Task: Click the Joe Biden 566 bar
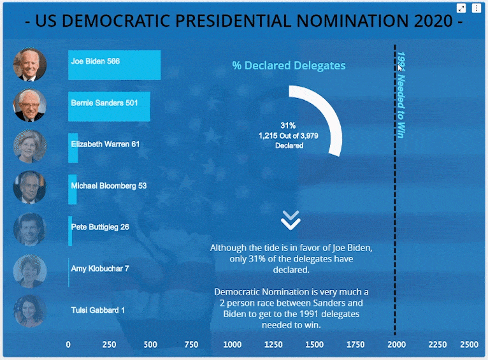tap(115, 64)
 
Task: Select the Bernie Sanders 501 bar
tap(109, 106)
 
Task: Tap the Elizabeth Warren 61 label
tap(105, 145)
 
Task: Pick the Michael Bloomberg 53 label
tap(108, 186)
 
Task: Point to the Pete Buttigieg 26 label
tap(100, 227)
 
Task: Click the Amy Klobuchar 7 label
tap(100, 269)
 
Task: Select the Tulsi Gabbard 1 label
tap(98, 310)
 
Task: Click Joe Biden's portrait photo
tap(29, 64)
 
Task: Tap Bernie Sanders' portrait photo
tap(29, 106)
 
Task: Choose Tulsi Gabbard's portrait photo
tap(29, 312)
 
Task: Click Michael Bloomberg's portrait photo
tap(29, 187)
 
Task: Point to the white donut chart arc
tap(327, 118)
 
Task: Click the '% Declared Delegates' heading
tap(289, 66)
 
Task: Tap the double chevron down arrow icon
tap(291, 220)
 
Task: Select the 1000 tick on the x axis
tap(233, 345)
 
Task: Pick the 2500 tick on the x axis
tap(469, 345)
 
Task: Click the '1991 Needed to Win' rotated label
tap(401, 96)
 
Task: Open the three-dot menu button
tap(476, 8)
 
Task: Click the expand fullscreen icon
tap(461, 8)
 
